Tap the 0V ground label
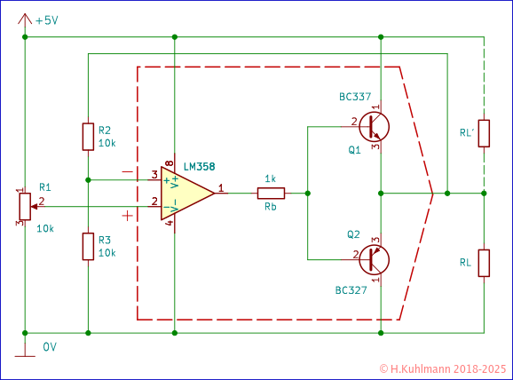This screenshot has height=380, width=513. tap(50, 347)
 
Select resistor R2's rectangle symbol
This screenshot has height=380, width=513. tap(88, 137)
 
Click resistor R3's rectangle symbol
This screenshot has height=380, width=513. tap(88, 246)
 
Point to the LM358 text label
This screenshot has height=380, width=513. tap(199, 166)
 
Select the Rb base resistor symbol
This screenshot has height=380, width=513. tap(271, 193)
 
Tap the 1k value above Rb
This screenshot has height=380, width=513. tap(271, 178)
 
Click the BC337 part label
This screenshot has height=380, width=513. tap(354, 96)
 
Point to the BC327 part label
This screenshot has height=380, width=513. tap(351, 290)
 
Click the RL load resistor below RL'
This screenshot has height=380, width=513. tap(484, 263)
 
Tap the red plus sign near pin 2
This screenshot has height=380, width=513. tap(129, 215)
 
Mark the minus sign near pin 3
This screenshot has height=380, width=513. tap(128, 170)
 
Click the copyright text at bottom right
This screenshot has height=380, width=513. tap(441, 367)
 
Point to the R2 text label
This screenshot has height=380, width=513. tap(105, 130)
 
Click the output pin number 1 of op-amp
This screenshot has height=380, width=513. tap(220, 187)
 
